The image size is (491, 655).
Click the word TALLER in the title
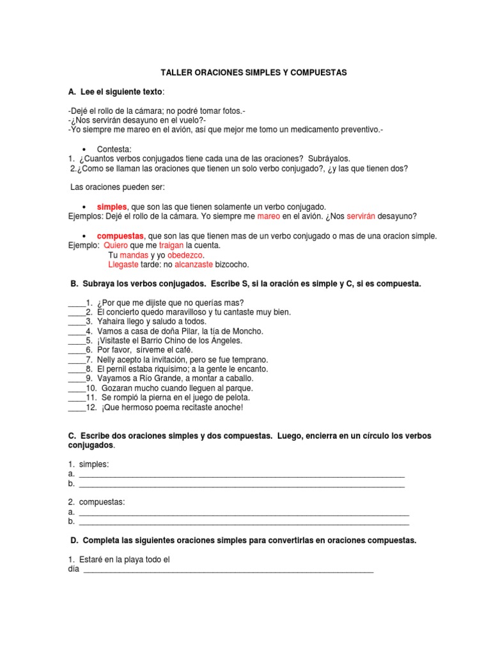click(173, 73)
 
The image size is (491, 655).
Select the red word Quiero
click(116, 245)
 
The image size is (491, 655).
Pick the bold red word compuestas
click(121, 235)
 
